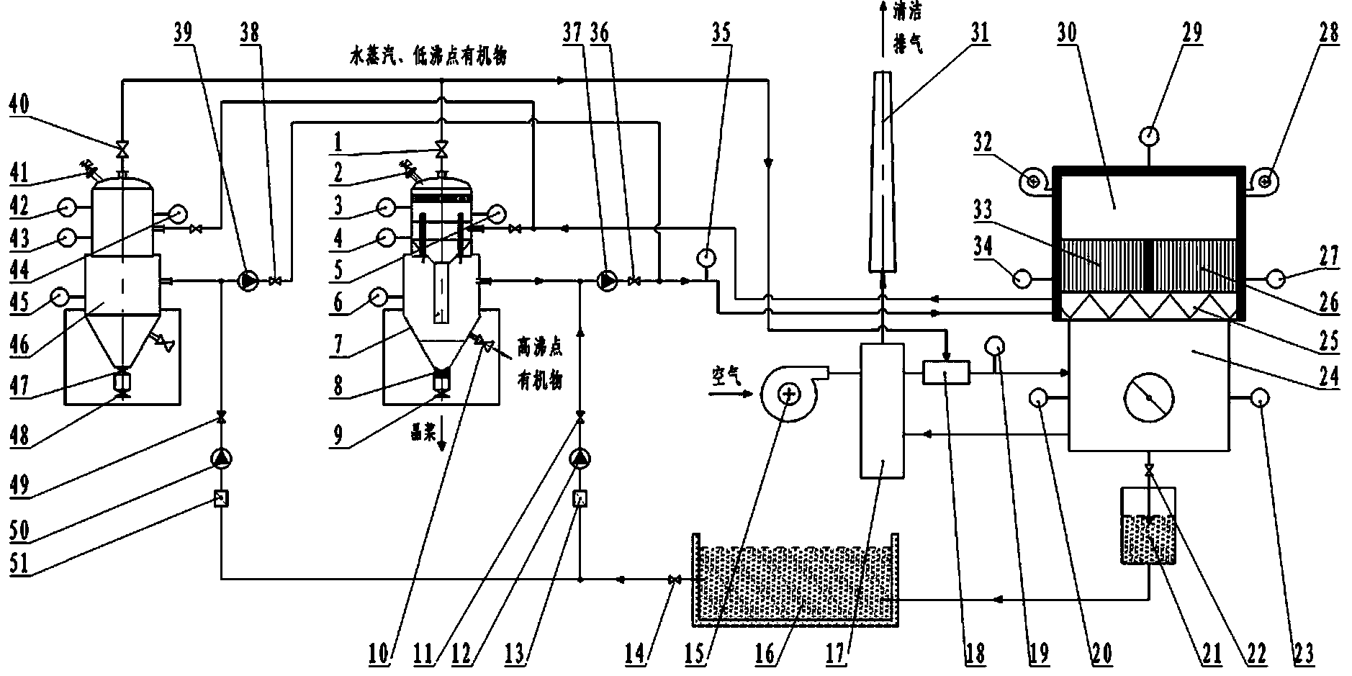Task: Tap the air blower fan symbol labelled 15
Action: [x=790, y=394]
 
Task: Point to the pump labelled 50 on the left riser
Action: [x=221, y=458]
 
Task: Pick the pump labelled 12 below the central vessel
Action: [x=580, y=458]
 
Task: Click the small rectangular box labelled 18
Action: [x=946, y=373]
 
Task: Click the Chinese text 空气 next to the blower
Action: [x=726, y=379]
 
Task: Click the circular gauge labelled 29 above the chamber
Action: [x=1149, y=134]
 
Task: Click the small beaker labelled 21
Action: [x=1149, y=526]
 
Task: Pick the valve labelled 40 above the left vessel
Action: [x=122, y=150]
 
